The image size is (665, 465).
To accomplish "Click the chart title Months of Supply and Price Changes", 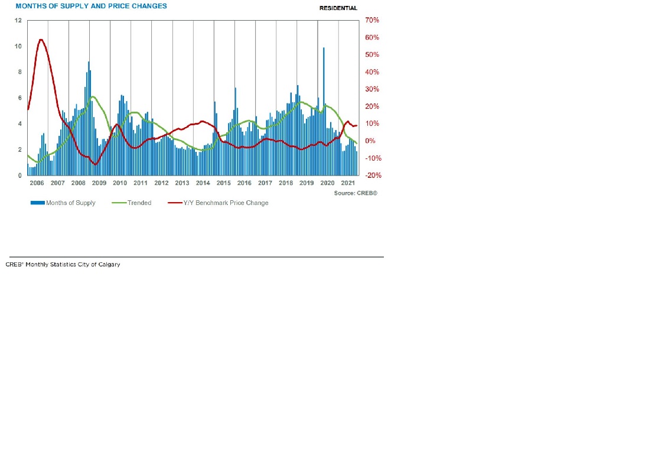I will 91,6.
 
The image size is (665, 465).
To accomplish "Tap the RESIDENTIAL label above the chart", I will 338,8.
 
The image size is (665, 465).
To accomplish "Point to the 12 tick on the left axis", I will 18,20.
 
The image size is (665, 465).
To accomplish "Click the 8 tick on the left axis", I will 20,72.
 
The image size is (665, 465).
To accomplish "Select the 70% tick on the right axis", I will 372,20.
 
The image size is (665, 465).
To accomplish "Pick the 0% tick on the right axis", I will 370,141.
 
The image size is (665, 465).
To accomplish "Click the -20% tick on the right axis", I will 372,175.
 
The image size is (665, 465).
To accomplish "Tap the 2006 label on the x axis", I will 37,183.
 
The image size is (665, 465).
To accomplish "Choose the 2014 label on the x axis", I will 203,183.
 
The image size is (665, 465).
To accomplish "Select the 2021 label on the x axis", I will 348,183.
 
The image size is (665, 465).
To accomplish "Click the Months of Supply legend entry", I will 63,203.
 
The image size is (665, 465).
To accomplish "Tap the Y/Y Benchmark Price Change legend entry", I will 218,203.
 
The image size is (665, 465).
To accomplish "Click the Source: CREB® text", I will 355,193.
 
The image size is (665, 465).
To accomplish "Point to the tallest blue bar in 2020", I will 324,48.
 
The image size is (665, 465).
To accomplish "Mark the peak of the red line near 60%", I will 41,40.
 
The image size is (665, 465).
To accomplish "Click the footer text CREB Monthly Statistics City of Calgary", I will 63,264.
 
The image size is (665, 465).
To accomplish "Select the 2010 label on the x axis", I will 120,183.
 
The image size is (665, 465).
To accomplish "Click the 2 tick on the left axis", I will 20,149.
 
